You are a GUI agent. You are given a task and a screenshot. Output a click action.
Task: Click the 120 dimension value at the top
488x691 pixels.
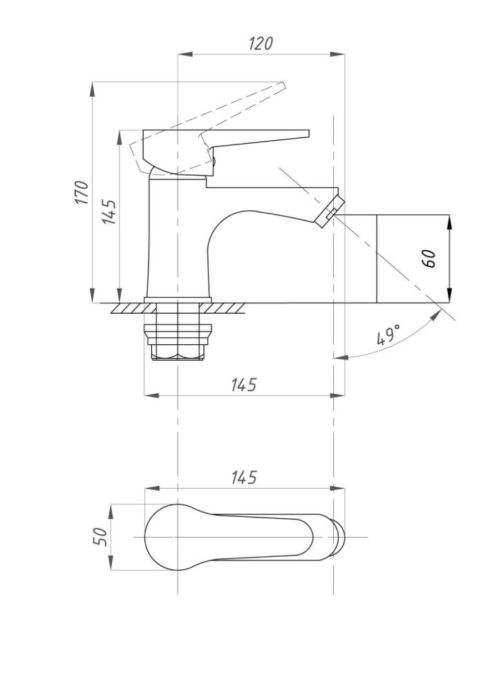point(261,44)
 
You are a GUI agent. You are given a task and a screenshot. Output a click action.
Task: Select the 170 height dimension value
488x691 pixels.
point(82,192)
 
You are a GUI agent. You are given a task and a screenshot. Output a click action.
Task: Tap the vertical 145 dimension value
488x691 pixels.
point(109,212)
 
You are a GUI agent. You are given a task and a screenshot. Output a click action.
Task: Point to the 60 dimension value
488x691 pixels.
point(429,258)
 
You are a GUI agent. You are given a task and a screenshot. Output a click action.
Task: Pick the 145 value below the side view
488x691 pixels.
point(244,385)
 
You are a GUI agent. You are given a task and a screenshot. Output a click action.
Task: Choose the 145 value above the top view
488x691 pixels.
point(244,477)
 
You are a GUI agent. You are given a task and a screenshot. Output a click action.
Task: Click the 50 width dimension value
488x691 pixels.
point(100,536)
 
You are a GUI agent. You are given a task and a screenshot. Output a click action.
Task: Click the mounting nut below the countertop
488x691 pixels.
point(178,342)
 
